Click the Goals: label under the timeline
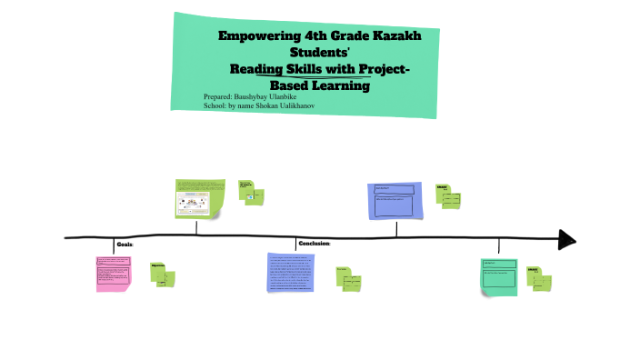(125, 245)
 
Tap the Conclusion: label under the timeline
(315, 244)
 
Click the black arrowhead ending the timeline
(566, 239)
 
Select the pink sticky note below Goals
(114, 273)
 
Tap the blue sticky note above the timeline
(395, 200)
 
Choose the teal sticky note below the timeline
(499, 276)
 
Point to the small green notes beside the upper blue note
(448, 195)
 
